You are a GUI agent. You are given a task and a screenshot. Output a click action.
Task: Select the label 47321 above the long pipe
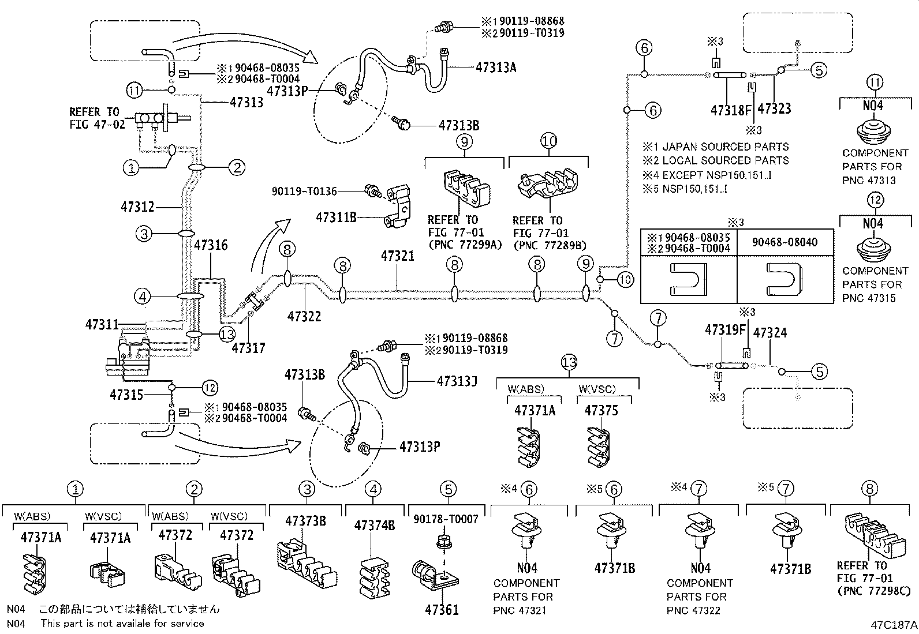click(x=397, y=256)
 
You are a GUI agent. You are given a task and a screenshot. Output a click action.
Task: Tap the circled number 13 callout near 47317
click(x=227, y=334)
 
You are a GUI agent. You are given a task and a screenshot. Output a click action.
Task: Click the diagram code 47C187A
click(x=894, y=625)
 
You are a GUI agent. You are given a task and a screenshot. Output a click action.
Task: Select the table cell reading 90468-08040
click(x=784, y=242)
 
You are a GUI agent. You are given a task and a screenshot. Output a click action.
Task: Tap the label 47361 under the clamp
click(x=442, y=609)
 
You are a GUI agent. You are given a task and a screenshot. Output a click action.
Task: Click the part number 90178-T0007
click(x=446, y=519)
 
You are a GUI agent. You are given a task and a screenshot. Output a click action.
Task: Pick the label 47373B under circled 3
click(x=305, y=521)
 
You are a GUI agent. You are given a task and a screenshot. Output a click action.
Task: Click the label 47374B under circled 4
click(x=374, y=526)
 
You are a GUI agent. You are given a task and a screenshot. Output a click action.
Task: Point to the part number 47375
click(x=601, y=411)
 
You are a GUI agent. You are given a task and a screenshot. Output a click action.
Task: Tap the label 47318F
click(x=731, y=110)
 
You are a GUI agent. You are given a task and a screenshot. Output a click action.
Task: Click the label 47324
click(x=769, y=333)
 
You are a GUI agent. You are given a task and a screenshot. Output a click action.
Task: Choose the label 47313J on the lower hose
click(x=457, y=381)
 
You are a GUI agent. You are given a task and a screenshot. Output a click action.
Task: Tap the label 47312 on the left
click(x=138, y=206)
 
